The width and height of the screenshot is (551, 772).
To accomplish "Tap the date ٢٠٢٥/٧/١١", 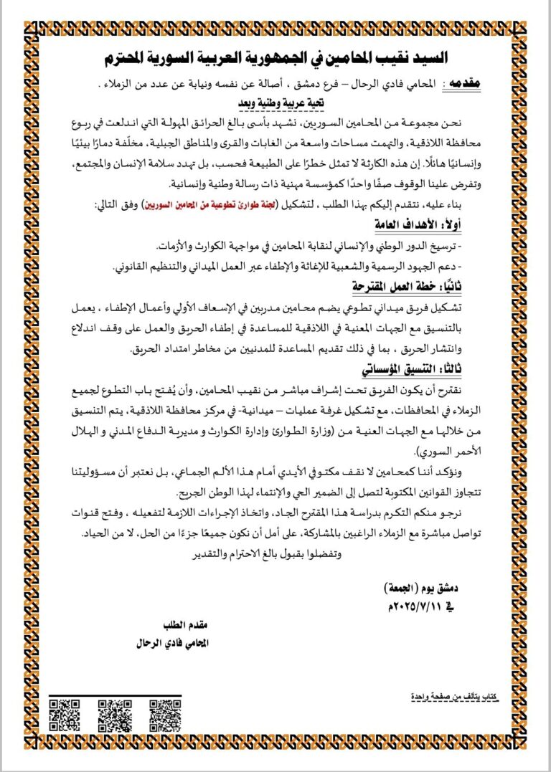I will [x=420, y=606].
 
